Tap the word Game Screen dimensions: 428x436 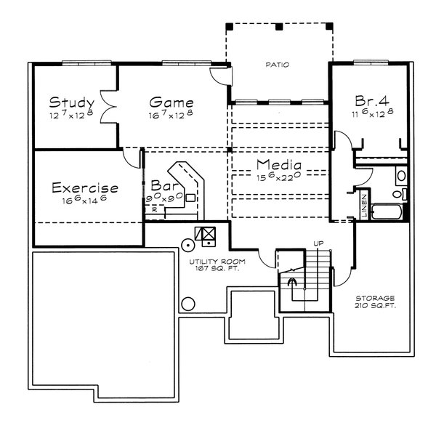click(x=171, y=101)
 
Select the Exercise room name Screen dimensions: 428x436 click(x=85, y=189)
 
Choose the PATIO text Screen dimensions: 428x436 click(x=277, y=65)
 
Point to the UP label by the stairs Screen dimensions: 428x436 click(x=318, y=243)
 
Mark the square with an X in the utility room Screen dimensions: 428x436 click(x=209, y=234)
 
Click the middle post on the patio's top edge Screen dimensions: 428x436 click(x=280, y=27)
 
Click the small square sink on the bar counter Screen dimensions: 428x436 click(x=190, y=197)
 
